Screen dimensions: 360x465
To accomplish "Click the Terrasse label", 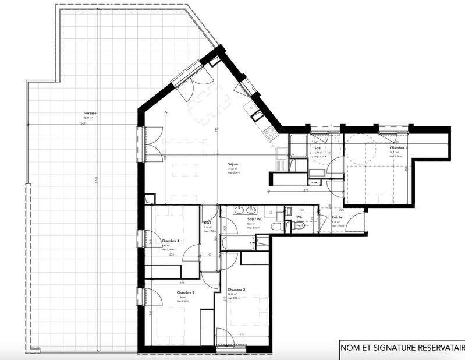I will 90,114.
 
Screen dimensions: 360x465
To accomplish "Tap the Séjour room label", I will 233,165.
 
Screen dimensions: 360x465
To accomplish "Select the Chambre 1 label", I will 398,148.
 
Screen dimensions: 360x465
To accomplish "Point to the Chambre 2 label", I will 236,290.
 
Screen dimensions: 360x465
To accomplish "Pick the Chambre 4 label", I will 171,241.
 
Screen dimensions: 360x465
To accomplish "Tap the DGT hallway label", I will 207,223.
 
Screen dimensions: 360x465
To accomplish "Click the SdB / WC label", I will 255,219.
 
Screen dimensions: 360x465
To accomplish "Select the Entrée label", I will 337,218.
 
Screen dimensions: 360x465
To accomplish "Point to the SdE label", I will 318,148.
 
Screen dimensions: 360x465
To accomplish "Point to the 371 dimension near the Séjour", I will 305,191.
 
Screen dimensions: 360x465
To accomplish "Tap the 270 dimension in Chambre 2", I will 242,334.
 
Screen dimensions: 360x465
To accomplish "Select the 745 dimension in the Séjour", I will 216,130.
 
